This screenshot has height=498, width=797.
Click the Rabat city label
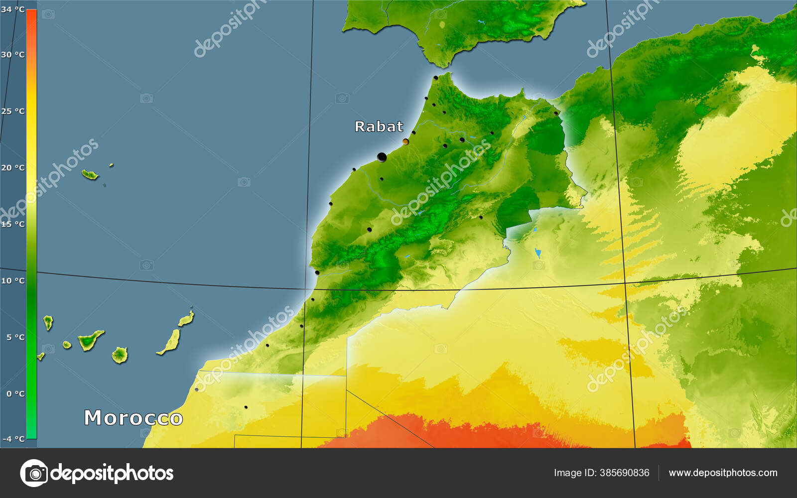click(379, 126)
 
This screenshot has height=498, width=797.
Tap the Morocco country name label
click(133, 418)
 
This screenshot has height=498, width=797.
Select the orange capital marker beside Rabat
click(405, 142)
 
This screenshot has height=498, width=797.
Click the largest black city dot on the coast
click(382, 157)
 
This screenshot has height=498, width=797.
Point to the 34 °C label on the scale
click(12, 9)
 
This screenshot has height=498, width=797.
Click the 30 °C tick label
click(12, 54)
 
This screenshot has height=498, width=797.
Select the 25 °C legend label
click(12, 111)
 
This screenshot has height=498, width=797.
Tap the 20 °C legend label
click(12, 167)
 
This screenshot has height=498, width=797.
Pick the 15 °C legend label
click(12, 224)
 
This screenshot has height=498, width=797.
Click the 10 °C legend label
click(12, 280)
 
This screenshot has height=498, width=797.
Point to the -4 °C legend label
click(13, 439)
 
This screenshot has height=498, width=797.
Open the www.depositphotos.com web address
click(723, 473)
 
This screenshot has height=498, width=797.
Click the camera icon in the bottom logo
click(34, 473)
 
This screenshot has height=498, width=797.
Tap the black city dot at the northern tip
click(435, 78)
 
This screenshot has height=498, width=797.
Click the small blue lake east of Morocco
click(538, 253)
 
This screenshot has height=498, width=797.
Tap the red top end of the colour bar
click(31, 15)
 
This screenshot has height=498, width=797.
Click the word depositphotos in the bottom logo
click(112, 473)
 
